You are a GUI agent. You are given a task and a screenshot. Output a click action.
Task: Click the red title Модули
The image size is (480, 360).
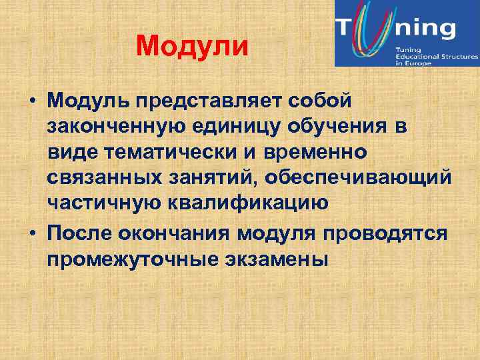click(192, 46)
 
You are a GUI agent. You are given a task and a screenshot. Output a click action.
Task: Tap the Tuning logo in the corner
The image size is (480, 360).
click(407, 33)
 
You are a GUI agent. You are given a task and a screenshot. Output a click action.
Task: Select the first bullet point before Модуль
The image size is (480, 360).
click(33, 101)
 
